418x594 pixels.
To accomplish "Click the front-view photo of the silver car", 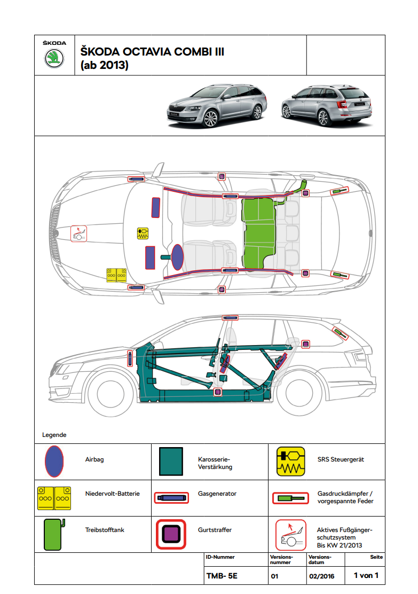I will click(216, 105).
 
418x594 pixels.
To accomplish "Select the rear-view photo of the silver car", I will click(326, 104).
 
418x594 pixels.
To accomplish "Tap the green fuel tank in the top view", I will click(259, 232).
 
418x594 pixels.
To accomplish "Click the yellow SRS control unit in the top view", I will click(143, 233).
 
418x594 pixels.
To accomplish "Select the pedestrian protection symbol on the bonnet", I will click(78, 233).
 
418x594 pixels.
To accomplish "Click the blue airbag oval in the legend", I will click(54, 462).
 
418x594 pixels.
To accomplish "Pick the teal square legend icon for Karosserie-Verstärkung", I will click(171, 462).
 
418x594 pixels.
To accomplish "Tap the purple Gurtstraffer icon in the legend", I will click(171, 534).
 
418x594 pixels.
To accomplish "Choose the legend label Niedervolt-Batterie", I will click(112, 494).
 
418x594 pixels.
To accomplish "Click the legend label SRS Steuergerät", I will click(341, 459).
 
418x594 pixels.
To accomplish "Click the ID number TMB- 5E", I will click(221, 576).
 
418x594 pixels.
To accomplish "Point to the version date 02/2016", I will click(321, 576).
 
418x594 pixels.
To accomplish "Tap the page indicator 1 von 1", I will click(366, 576).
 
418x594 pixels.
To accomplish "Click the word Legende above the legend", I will click(54, 435).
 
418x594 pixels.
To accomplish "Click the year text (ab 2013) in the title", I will click(104, 66).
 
